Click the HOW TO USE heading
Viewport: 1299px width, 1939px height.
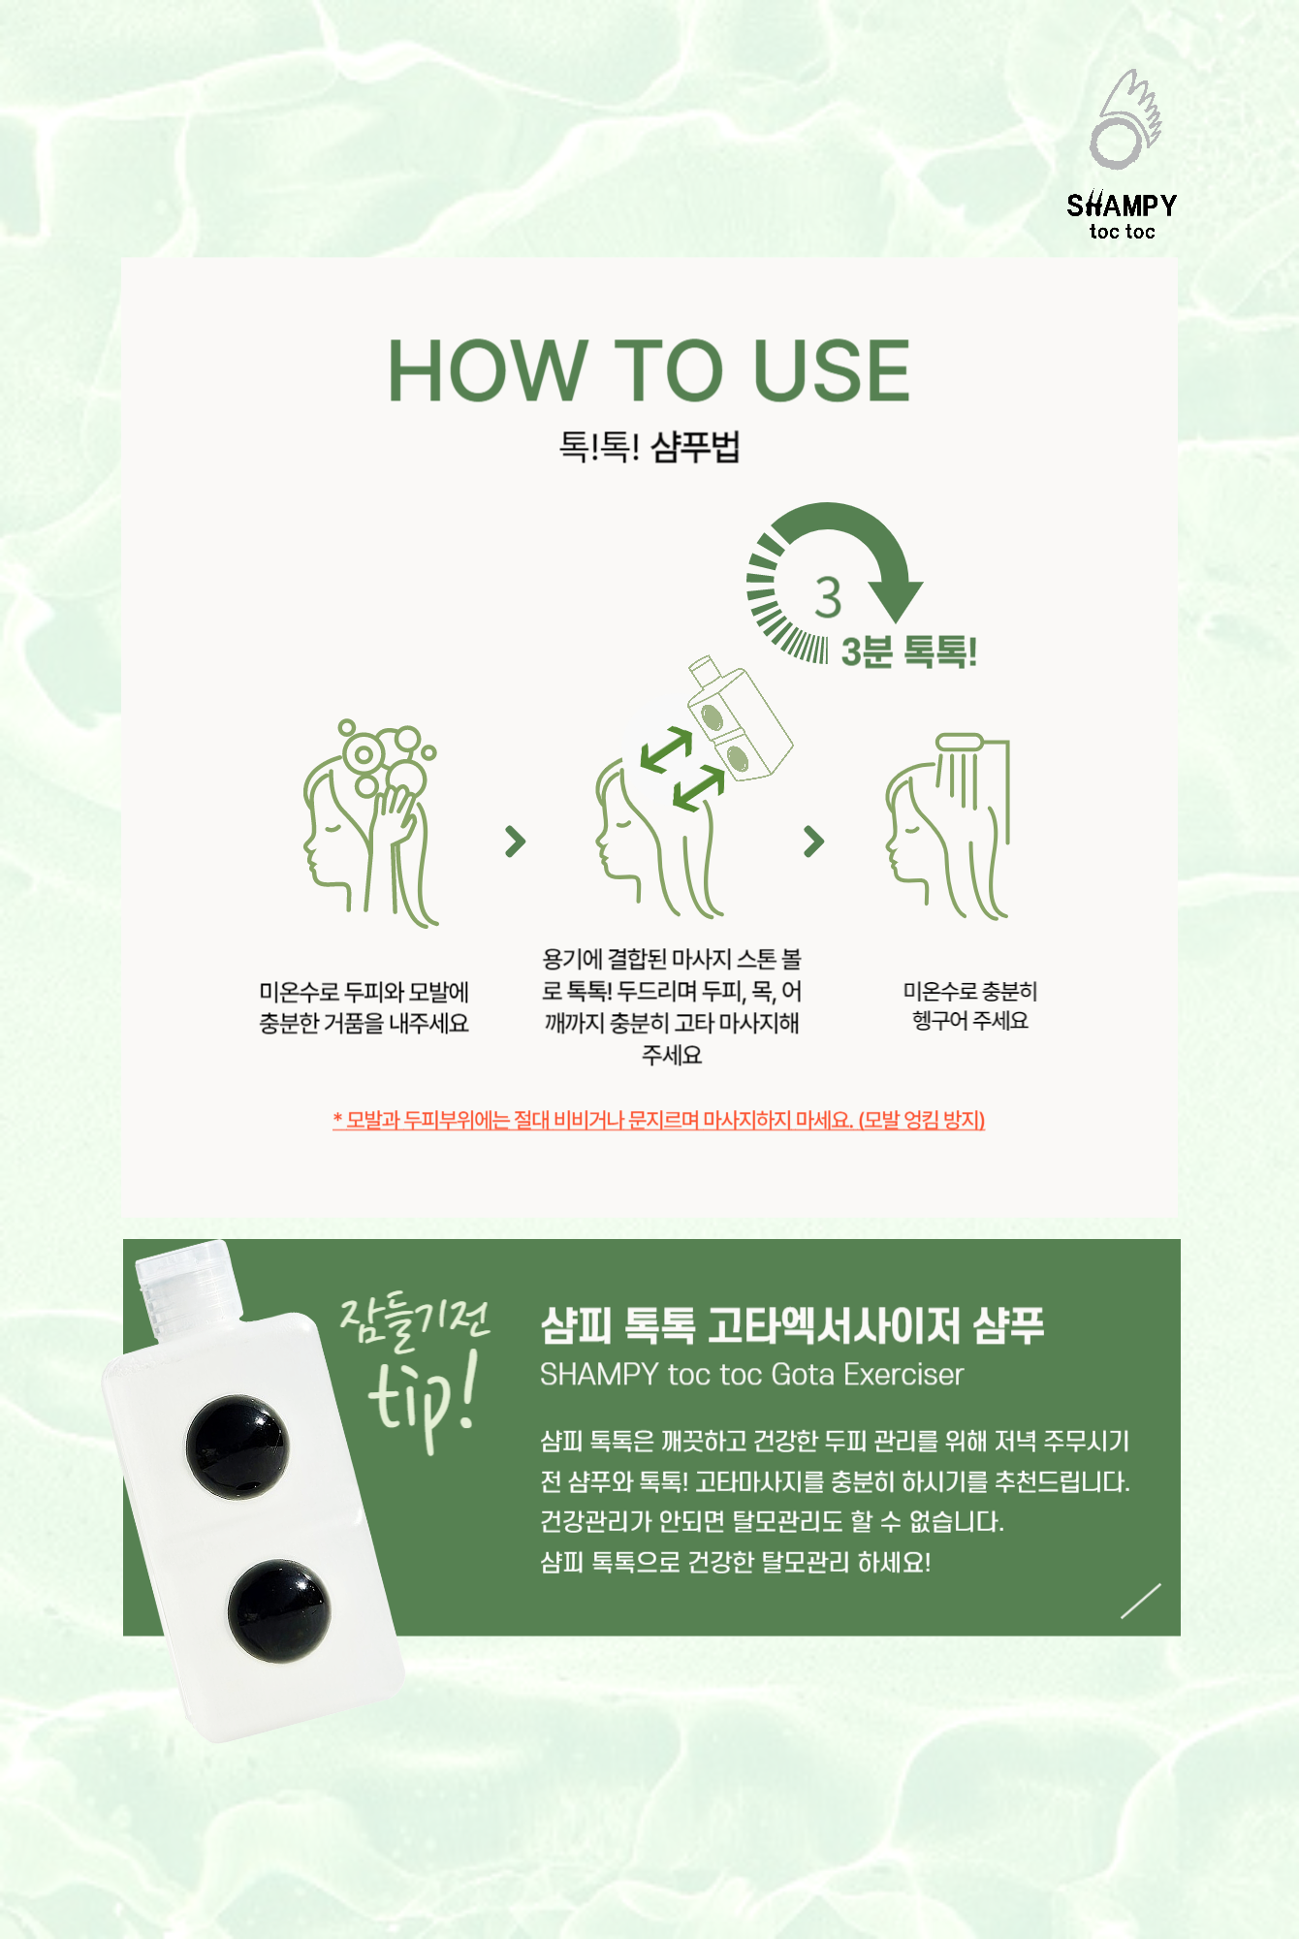[649, 370]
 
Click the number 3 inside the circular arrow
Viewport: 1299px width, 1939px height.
[828, 597]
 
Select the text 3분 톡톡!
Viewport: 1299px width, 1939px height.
[908, 652]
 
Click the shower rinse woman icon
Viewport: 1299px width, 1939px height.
[947, 826]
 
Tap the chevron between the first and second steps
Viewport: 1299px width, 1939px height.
[516, 842]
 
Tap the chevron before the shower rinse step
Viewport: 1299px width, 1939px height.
[814, 842]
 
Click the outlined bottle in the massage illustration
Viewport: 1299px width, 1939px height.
[740, 718]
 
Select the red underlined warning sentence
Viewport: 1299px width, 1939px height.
[659, 1121]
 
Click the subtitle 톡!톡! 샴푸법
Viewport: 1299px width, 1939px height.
[649, 447]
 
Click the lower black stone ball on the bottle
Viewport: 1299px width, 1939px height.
[279, 1610]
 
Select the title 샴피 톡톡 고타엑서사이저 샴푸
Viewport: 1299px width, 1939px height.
[792, 1325]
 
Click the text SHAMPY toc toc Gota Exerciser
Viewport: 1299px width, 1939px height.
[751, 1375]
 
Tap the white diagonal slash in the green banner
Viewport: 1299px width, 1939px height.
[1141, 1601]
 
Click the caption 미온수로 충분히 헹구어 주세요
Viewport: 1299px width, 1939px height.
[970, 1006]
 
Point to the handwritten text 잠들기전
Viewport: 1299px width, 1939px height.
[415, 1321]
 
